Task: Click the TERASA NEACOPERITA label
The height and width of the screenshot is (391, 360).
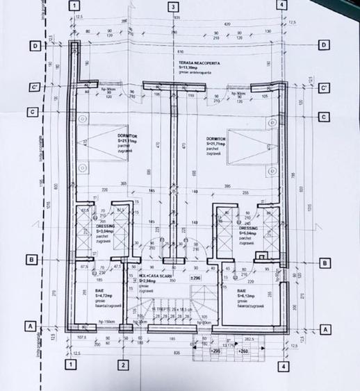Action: coord(198,63)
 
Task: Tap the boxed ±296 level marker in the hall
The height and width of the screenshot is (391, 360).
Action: coord(195,278)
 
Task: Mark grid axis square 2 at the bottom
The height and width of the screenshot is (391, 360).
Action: coord(122,365)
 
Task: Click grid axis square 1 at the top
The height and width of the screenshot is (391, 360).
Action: coord(74,6)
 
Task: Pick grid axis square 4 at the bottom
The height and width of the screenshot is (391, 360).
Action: coord(282,365)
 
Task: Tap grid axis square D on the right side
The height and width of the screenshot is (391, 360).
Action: coord(323,46)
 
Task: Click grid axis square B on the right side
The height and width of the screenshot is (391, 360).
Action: coord(323,263)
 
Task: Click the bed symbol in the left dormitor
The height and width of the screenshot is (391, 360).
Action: coord(101,149)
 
